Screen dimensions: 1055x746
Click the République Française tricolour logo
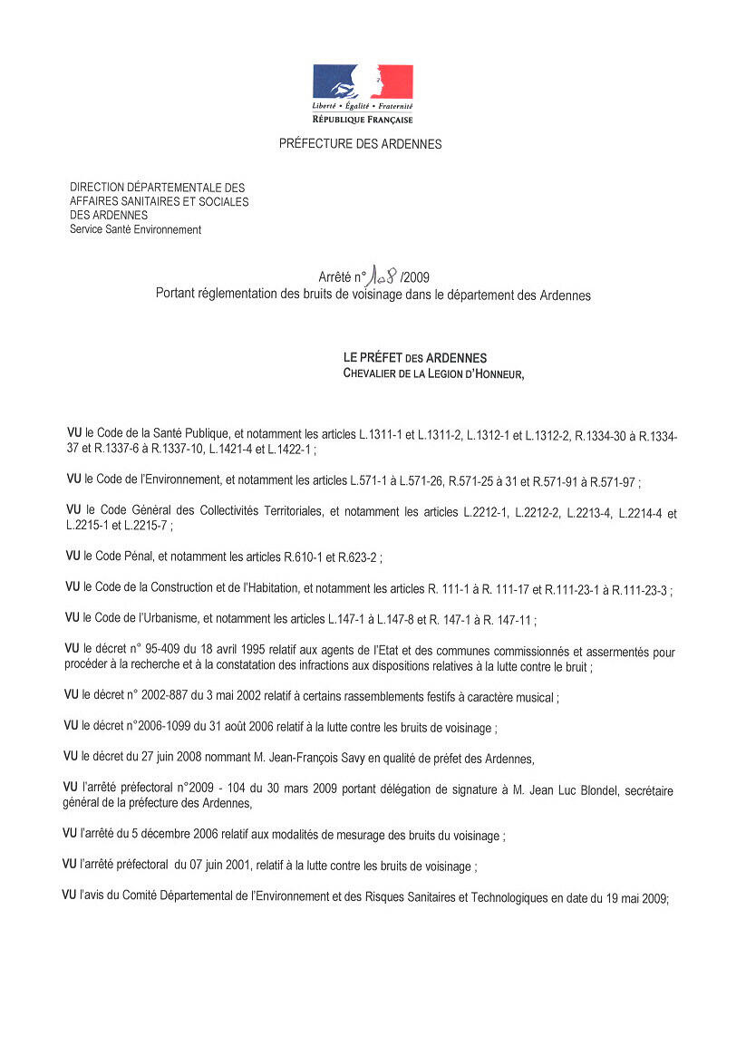[x=363, y=83]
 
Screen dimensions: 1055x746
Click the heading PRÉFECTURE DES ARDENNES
[x=360, y=144]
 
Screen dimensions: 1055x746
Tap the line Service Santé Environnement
[x=135, y=230]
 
